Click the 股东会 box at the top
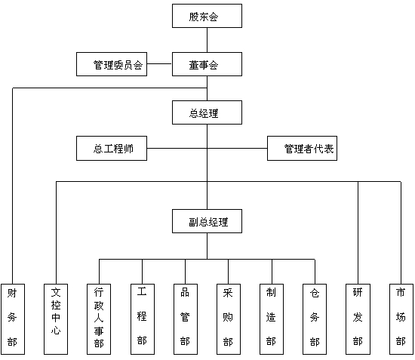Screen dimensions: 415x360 pos(207,16)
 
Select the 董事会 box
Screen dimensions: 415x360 pos(207,64)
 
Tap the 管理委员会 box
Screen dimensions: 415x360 pos(112,64)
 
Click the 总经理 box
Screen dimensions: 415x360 pos(207,112)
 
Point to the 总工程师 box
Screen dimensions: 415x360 pos(112,148)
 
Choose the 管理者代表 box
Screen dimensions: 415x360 pos(302,148)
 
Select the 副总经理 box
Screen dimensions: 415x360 pos(207,221)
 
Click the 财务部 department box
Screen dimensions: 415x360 pos(13,319)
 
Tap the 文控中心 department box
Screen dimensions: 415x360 pos(56,319)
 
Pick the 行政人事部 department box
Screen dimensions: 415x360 pos(99,319)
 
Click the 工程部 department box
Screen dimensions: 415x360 pos(143,319)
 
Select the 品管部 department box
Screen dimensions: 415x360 pos(186,319)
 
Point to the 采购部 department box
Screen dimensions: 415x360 pos(229,319)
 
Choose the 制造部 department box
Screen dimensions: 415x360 pos(272,319)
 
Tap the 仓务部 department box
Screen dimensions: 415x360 pos(315,319)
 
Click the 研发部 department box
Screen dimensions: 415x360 pos(358,319)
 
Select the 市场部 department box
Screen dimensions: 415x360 pos(401,319)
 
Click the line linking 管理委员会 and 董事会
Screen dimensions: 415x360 pos(160,64)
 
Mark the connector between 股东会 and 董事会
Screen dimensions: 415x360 pos(207,40)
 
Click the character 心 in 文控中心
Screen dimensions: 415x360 pos(56,331)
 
